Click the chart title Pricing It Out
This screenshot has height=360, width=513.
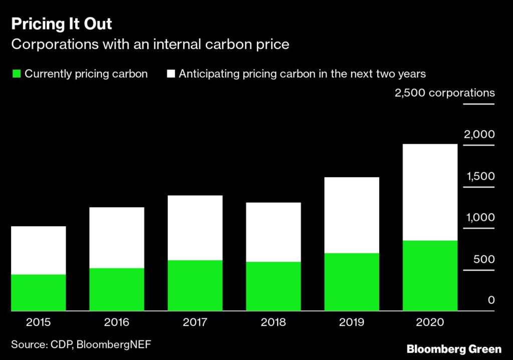point(62,24)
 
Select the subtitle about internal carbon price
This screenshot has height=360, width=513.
point(150,45)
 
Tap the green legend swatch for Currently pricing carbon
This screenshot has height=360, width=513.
point(16,74)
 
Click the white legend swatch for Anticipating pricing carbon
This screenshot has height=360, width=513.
point(171,74)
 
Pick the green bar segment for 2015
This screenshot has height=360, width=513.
point(39,293)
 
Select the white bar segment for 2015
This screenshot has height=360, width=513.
point(39,250)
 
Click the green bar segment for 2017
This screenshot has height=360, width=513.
point(195,285)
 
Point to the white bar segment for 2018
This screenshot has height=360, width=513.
point(273,232)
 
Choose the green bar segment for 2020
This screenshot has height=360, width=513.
point(430,276)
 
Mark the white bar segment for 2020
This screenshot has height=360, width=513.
point(430,192)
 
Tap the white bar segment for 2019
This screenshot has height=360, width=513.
point(351,215)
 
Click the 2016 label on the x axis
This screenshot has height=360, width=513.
point(117,322)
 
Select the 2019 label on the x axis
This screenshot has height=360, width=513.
point(351,322)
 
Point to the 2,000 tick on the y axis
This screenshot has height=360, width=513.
point(479,135)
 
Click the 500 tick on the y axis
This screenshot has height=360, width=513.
point(484,259)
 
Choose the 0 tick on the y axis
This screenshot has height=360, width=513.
point(491,300)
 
